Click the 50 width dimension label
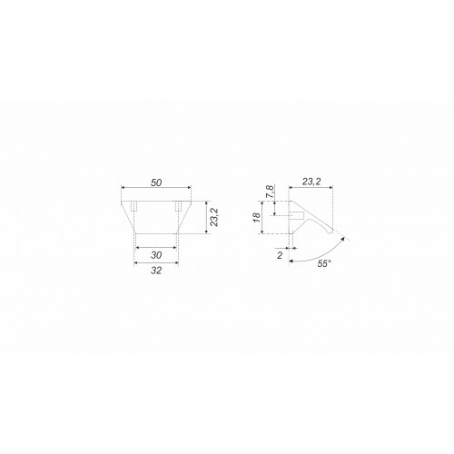pos(156,183)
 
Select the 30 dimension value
pos(156,255)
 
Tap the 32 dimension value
pos(156,271)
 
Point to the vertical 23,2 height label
pos(214,217)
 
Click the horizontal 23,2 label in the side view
pos(311,182)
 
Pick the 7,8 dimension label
pos(271,192)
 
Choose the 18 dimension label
pos(257,217)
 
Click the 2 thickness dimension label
pos(280,255)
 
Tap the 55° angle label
pos(323,263)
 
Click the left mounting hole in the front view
pos(133,206)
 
